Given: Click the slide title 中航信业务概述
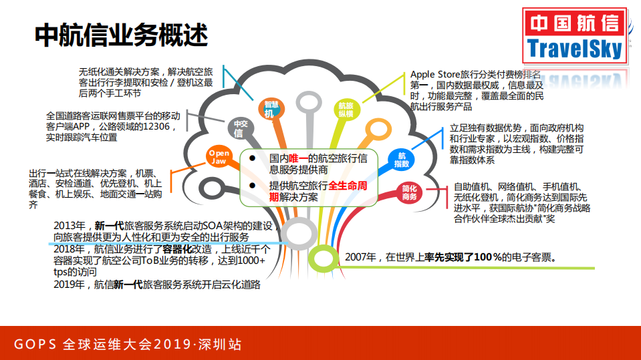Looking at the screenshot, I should pyautogui.click(x=120, y=36).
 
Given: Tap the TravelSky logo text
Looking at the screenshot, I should pyautogui.click(x=575, y=49).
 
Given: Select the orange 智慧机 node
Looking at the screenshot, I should pyautogui.click(x=270, y=110).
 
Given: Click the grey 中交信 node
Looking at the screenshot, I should pyautogui.click(x=238, y=128).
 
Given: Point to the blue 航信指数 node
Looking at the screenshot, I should pyautogui.click(x=402, y=160).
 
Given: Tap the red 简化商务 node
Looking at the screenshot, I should pyautogui.click(x=409, y=193).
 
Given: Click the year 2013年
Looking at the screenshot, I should pyautogui.click(x=70, y=226).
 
